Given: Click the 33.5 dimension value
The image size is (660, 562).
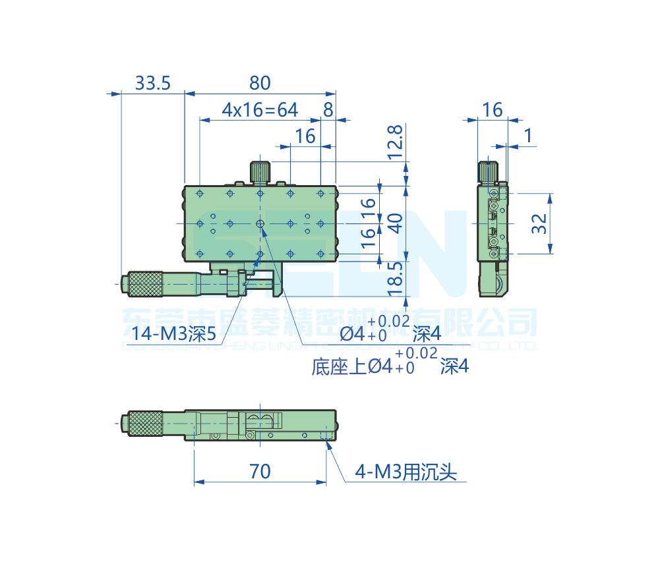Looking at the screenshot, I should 153,83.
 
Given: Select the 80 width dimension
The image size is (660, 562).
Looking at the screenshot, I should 260,83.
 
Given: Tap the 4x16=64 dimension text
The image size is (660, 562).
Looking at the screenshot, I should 260,110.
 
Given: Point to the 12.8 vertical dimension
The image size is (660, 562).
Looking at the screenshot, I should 394,142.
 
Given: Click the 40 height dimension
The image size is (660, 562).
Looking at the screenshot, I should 394,223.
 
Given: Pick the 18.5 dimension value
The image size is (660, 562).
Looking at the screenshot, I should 394,279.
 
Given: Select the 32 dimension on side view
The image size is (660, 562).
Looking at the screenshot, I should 539,223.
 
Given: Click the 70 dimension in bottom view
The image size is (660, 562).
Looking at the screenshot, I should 260,471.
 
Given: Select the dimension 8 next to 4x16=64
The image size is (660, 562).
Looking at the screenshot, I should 328,110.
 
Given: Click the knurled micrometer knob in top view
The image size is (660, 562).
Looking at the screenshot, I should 145,283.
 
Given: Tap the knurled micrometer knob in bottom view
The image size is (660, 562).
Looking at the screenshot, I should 145,423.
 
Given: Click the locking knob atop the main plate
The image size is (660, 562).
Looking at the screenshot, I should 260,171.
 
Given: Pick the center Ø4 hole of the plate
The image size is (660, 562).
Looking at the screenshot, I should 260,224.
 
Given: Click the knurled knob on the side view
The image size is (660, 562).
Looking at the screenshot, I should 488,171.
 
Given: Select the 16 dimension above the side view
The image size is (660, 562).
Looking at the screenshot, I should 492,110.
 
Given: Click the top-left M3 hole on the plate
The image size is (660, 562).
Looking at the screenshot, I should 199,193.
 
